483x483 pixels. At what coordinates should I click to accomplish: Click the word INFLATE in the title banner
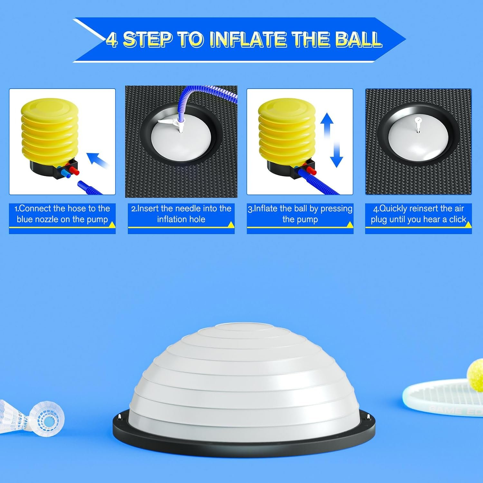click(250, 39)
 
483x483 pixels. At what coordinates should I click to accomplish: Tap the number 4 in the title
click(112, 40)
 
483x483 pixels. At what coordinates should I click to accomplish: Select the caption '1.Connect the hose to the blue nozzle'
click(62, 214)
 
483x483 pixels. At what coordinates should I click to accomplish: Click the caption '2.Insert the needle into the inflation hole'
click(181, 214)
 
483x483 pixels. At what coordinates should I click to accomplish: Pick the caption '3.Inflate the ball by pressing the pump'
click(300, 214)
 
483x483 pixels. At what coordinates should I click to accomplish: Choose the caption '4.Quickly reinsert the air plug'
click(418, 214)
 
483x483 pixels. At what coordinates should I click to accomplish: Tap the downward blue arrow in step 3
click(336, 155)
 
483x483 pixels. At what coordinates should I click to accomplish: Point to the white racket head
click(444, 398)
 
